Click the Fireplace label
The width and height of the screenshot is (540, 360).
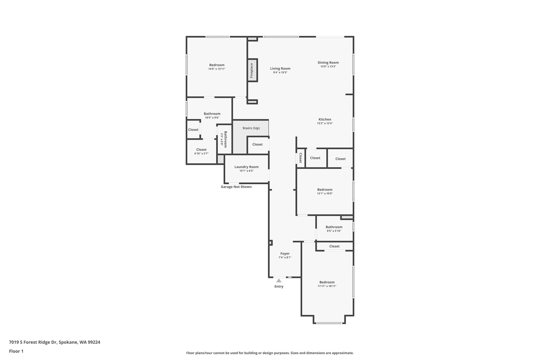(252, 70)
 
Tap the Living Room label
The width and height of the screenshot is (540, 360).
(280, 69)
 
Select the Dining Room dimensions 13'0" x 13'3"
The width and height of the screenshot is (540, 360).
(328, 66)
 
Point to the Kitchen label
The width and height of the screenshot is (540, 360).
(325, 119)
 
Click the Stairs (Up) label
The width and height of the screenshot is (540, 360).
(251, 128)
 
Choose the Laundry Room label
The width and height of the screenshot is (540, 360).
(247, 167)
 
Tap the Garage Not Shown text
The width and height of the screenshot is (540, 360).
(236, 187)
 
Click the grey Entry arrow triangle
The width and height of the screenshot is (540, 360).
(279, 280)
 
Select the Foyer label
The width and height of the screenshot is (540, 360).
(285, 253)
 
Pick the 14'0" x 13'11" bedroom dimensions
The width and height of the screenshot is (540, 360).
(217, 69)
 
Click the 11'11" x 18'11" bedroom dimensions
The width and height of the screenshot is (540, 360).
(327, 286)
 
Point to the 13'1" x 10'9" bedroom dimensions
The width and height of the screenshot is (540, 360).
(325, 193)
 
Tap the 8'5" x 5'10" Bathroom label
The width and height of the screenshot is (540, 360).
(334, 227)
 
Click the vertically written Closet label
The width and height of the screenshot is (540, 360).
(300, 158)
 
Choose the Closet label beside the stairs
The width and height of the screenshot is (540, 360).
(257, 145)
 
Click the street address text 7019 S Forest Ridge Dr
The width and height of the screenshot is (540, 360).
(33, 342)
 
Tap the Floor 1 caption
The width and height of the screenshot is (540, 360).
(16, 351)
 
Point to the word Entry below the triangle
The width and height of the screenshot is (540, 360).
(279, 286)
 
